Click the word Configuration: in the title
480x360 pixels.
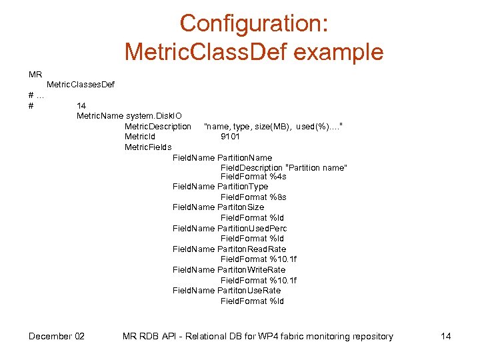coord(254,23)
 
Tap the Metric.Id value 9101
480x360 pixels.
coord(231,137)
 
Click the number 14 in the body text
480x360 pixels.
coord(81,105)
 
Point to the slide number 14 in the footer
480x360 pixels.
coord(446,336)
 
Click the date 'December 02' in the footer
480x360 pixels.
coord(57,336)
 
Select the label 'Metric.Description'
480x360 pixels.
coord(158,127)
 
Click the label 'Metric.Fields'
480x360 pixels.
coord(148,147)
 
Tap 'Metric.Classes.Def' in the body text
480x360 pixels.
coord(79,85)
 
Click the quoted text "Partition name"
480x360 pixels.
coord(316,167)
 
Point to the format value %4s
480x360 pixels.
coord(278,177)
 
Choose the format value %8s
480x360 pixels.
coord(278,197)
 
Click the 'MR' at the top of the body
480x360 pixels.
coord(35,74)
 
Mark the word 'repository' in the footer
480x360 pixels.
coord(369,336)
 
